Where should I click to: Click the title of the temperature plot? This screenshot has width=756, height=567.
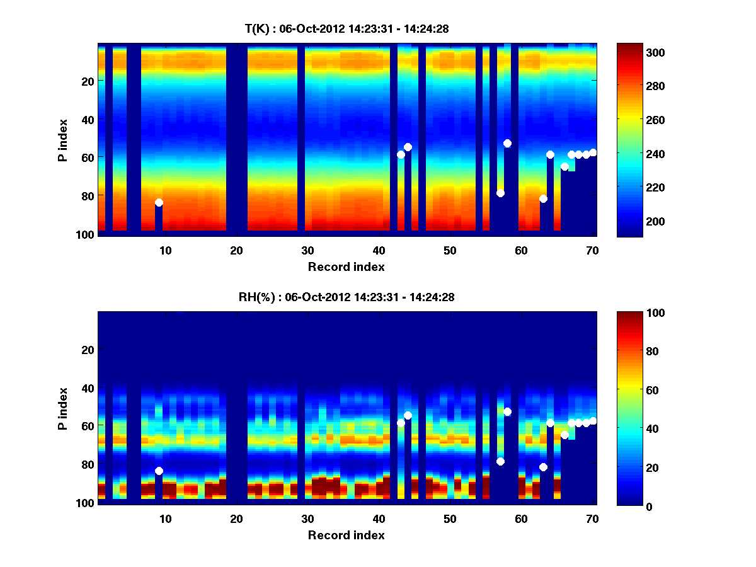click(x=346, y=28)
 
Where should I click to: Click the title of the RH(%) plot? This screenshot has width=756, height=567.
click(x=348, y=297)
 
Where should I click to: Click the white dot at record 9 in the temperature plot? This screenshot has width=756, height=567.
click(x=159, y=202)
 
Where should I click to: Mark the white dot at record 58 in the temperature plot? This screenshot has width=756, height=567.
click(x=507, y=143)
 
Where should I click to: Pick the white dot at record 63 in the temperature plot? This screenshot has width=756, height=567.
click(x=543, y=198)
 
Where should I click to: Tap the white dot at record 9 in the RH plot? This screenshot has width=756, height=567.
click(x=159, y=471)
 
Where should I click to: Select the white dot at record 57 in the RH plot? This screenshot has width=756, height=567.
click(x=500, y=461)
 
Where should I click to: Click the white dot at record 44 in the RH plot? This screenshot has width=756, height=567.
click(x=408, y=415)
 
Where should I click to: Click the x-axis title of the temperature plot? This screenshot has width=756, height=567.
click(x=346, y=267)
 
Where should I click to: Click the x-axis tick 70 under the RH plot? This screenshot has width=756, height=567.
click(x=592, y=518)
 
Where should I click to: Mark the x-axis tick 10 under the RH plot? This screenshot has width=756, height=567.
click(x=165, y=518)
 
